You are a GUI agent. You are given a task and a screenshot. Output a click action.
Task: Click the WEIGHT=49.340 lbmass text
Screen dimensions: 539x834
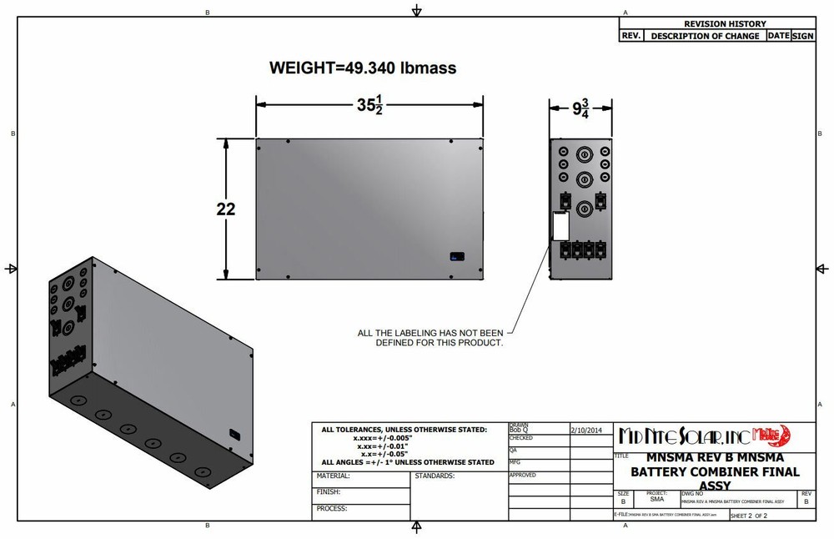[x=363, y=68]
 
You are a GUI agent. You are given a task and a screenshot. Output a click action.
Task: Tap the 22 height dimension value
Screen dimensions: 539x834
[x=226, y=209]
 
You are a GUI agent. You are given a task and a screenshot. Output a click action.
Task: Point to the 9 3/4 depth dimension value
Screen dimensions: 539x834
[x=580, y=108]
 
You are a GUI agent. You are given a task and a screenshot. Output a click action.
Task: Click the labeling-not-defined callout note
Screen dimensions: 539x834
[x=430, y=338]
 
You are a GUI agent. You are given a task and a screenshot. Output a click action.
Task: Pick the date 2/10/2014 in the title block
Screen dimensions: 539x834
[x=587, y=430]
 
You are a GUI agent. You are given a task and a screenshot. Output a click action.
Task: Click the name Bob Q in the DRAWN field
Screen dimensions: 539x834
[x=519, y=430]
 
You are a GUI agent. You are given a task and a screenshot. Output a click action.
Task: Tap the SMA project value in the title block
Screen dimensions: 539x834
[x=656, y=499]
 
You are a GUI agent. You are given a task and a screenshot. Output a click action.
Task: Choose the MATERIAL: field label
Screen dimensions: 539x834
[x=334, y=476]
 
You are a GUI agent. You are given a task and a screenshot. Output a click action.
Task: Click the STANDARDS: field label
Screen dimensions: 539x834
[x=434, y=476]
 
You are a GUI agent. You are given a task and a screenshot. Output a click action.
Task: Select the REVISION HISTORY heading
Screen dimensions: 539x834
[x=725, y=24]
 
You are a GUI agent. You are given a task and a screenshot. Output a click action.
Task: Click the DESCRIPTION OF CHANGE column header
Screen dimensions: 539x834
[x=705, y=37]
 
